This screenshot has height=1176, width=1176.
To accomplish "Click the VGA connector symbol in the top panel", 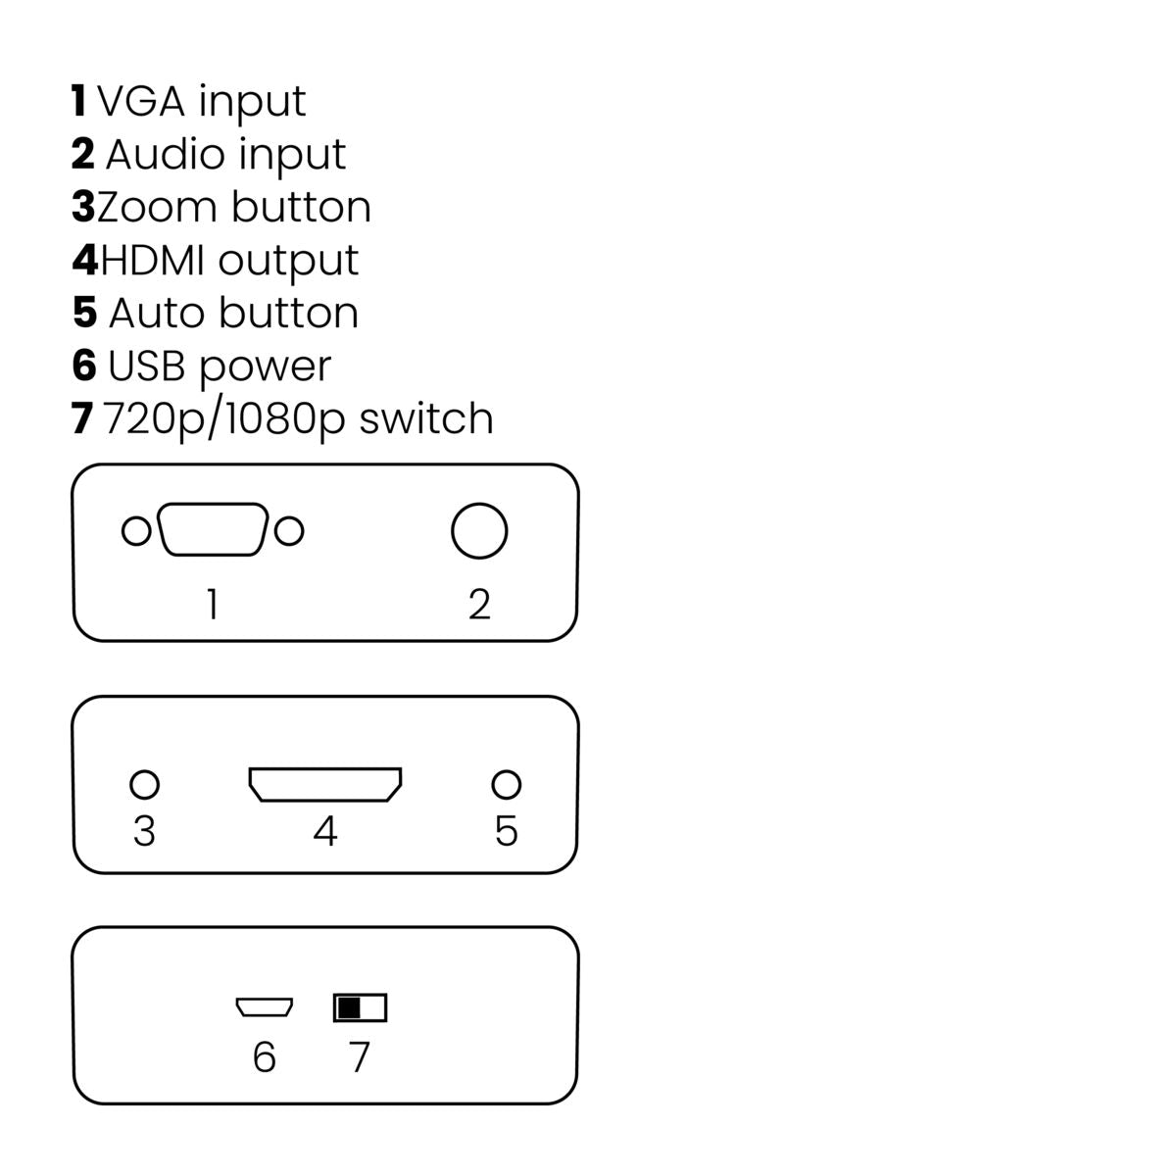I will click(x=213, y=530).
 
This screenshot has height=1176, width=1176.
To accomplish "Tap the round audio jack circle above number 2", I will click(x=479, y=531).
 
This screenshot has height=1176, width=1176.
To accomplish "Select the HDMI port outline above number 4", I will click(x=325, y=784).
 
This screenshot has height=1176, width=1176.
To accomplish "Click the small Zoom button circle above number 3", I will click(x=144, y=784).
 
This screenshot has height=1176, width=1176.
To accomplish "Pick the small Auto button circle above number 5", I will click(x=506, y=784).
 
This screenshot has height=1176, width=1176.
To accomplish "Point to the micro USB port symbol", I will click(x=264, y=1006).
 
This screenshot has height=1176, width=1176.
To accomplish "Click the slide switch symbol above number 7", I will click(x=360, y=1007).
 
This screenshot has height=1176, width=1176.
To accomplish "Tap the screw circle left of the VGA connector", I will click(x=136, y=531).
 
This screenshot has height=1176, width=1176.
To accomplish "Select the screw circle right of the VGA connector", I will click(x=289, y=531).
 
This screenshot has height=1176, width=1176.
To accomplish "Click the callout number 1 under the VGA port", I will click(x=212, y=605).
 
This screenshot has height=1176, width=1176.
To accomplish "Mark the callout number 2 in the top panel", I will click(x=479, y=605).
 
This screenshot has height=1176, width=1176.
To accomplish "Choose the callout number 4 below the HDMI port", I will click(x=325, y=831).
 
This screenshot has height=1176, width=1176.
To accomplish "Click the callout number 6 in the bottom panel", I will click(x=264, y=1057).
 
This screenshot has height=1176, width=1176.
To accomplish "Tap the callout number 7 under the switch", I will click(x=360, y=1057).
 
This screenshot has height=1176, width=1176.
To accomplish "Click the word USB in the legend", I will click(x=148, y=366).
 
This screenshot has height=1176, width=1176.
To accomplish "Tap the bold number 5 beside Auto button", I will click(x=84, y=313).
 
